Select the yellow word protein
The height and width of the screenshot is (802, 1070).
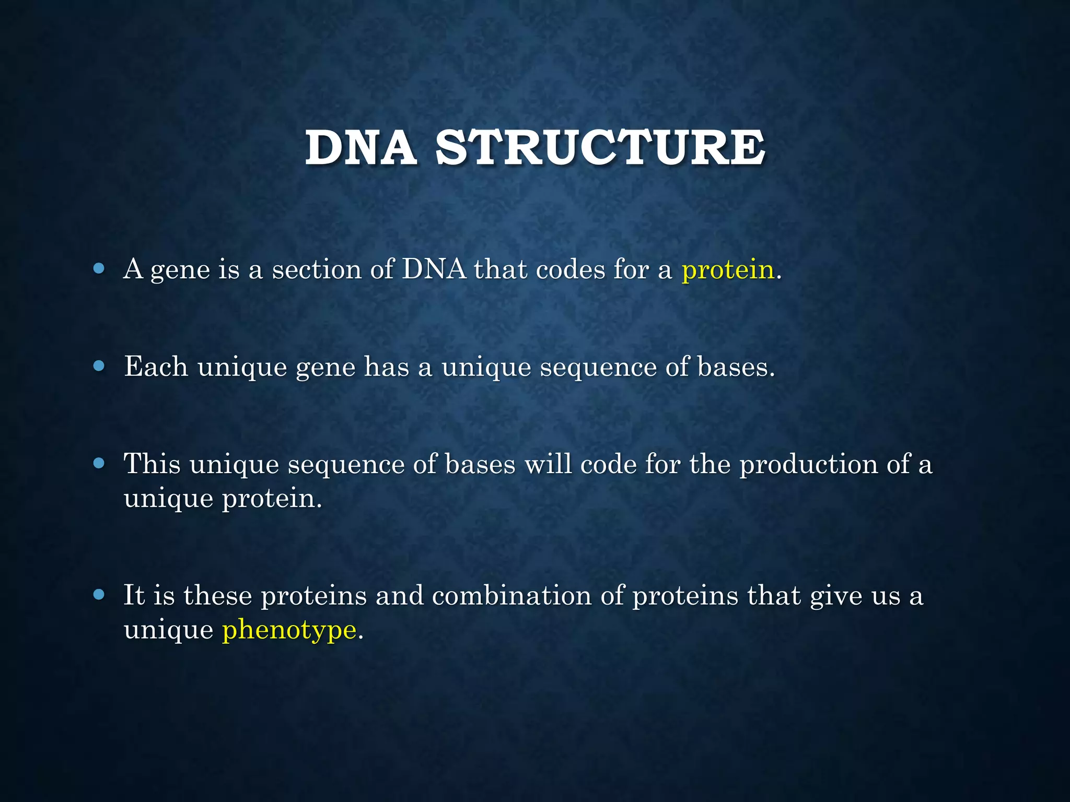coord(727,270)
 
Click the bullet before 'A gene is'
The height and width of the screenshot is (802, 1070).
coord(99,269)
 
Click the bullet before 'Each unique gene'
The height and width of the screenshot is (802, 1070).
coord(99,366)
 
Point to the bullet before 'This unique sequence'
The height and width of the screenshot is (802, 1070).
coord(99,463)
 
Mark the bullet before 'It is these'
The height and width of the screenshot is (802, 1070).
coord(99,594)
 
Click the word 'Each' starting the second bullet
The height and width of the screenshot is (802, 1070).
coord(156,367)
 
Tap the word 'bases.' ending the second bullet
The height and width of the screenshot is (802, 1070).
coord(736,367)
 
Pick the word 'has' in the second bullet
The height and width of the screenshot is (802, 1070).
coord(387,367)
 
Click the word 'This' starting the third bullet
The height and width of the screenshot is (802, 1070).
coord(152,464)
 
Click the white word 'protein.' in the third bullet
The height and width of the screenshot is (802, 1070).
coord(272,498)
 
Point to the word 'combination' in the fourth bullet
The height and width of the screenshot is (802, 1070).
coord(511,595)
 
